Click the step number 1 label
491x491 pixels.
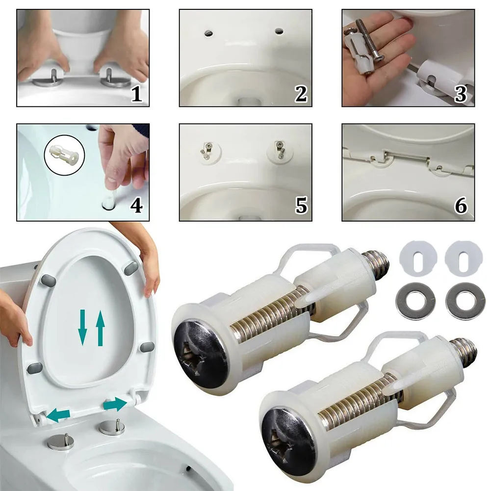(136, 94)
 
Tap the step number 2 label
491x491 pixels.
(300, 94)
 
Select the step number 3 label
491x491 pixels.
(461, 94)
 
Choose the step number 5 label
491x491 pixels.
(300, 206)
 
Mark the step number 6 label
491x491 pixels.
(461, 206)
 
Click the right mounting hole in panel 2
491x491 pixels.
(279, 31)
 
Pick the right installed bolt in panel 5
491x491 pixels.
(279, 148)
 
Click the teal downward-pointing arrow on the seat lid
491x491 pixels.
(83, 329)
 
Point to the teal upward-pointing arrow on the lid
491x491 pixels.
(100, 330)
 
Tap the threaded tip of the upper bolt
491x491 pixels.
(381, 264)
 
